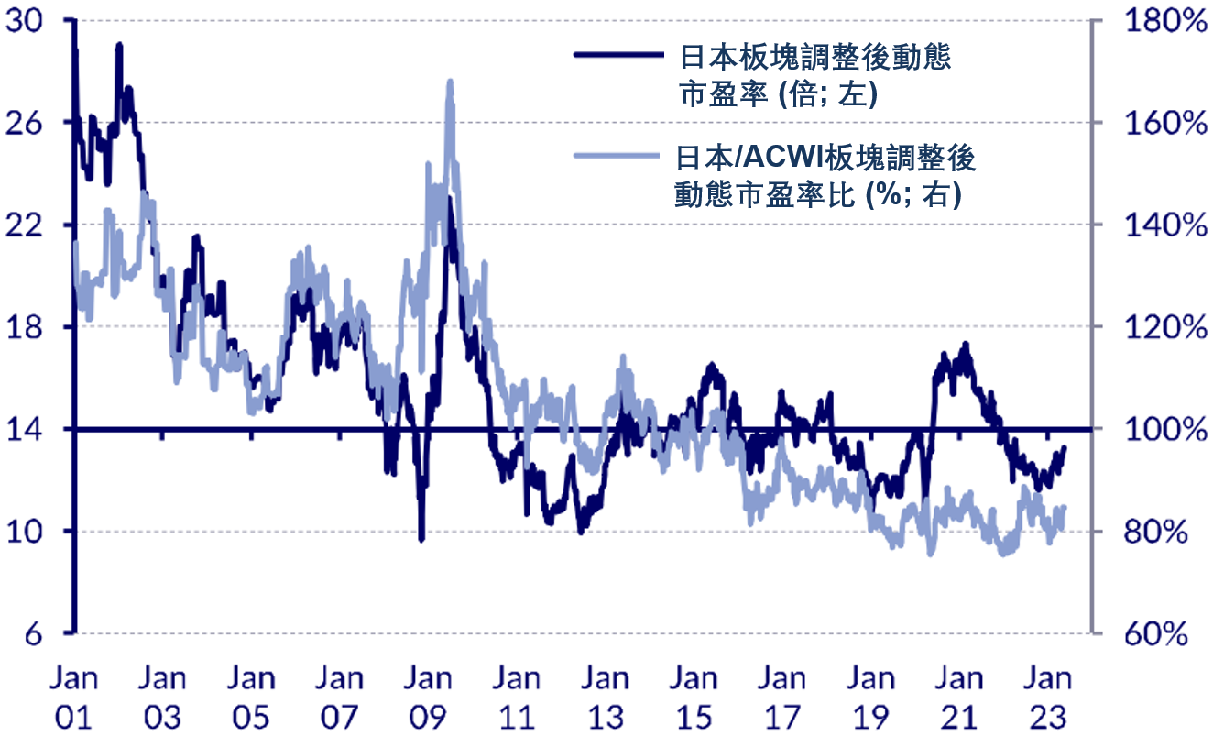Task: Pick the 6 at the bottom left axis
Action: (34, 633)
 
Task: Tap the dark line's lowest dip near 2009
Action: (421, 539)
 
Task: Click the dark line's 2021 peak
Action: (965, 345)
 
